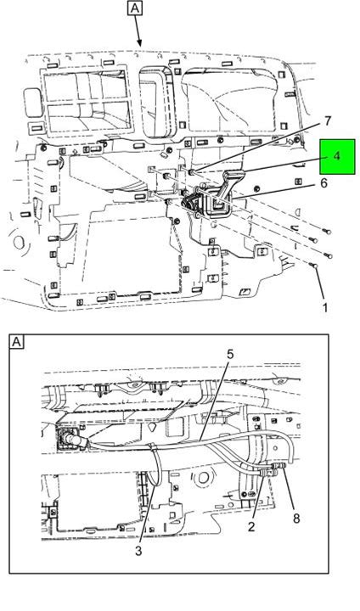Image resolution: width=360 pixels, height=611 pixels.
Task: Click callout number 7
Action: click(x=327, y=121)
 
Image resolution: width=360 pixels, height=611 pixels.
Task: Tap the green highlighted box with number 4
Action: click(x=337, y=156)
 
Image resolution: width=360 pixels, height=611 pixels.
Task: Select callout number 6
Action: click(x=323, y=182)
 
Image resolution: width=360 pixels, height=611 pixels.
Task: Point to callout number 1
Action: click(x=324, y=308)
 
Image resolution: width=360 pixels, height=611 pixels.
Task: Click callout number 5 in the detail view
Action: click(x=230, y=354)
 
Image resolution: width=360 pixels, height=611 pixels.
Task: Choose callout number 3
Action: click(x=139, y=551)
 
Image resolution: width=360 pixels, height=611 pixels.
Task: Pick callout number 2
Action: click(x=251, y=526)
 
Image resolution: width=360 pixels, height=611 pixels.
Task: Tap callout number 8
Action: click(x=296, y=518)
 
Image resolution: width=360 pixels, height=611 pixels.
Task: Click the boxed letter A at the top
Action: click(x=134, y=8)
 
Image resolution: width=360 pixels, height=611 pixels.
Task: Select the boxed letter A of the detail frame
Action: click(x=16, y=342)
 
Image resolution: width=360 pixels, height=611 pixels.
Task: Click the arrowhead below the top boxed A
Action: click(x=139, y=43)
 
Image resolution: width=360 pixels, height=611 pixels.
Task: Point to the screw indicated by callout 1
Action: click(x=312, y=266)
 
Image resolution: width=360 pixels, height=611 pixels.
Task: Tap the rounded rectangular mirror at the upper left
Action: click(x=32, y=101)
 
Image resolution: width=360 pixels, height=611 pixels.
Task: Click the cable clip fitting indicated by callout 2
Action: click(x=265, y=473)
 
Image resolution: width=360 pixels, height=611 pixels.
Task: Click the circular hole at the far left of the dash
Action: click(x=19, y=243)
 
